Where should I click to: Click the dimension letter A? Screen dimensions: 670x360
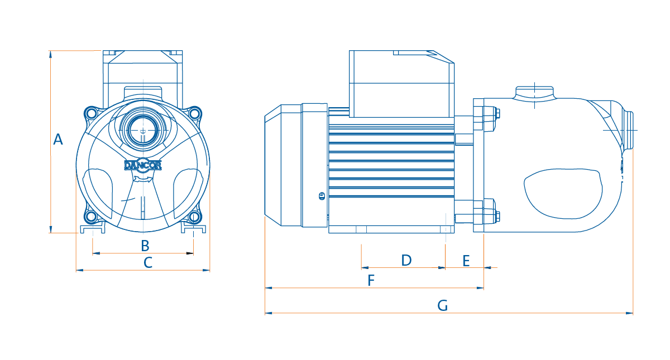[x=58, y=140]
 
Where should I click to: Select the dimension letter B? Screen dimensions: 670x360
[x=145, y=246]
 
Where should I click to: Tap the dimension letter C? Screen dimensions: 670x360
[x=148, y=262]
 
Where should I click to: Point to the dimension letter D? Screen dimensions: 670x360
[x=406, y=260]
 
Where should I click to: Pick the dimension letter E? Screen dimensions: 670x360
[x=466, y=261]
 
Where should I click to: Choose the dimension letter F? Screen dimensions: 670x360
[x=371, y=280]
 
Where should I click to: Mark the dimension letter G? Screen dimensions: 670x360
[x=442, y=306]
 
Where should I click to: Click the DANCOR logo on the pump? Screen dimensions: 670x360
[x=143, y=165]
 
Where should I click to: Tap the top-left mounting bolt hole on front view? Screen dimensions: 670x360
[x=91, y=113]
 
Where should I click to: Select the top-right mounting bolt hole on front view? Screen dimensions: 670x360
[x=194, y=113]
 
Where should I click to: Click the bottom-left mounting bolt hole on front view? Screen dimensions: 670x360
[x=90, y=217]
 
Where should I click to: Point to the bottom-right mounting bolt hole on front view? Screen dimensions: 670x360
[x=194, y=217]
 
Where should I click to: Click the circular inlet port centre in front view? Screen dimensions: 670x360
[x=143, y=131]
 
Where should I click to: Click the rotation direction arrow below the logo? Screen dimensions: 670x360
[x=143, y=179]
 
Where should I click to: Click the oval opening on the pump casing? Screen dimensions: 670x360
[x=563, y=194]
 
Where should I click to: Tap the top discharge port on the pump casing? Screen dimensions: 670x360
[x=534, y=93]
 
